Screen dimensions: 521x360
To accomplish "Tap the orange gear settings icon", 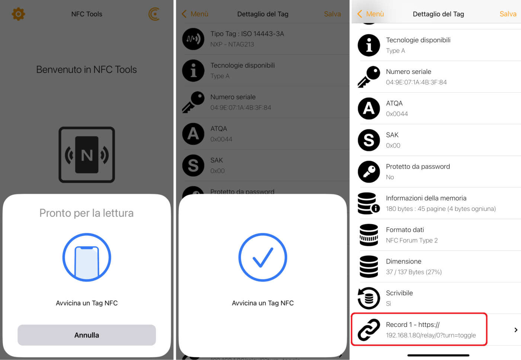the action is point(18,14).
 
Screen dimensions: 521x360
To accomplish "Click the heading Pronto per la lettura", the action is point(86,213).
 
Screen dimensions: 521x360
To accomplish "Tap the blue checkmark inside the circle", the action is point(263,257).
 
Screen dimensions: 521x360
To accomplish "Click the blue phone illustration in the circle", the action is point(87,262).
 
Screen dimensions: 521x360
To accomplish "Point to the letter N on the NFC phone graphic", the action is point(87,155).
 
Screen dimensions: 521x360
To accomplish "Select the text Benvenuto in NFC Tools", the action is point(86,70).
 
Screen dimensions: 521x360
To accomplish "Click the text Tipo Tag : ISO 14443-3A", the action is point(247,34).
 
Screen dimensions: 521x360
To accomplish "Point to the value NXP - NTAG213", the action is point(232,44).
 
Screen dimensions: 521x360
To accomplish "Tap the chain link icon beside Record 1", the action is point(369,330).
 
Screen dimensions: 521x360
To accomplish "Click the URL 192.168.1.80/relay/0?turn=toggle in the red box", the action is point(431,335).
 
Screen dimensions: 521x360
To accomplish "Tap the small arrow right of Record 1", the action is point(516,330).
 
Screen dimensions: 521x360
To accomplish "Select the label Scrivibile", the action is point(399,293).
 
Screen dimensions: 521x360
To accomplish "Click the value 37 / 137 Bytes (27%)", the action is point(414,272).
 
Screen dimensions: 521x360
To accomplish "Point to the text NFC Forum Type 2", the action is point(412,240).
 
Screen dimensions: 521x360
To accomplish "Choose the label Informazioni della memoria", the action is point(426,198).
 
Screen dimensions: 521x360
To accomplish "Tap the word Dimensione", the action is point(403,261).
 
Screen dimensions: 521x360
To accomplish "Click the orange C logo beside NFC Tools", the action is point(154,14).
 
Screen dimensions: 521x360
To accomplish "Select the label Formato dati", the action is point(405,229).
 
